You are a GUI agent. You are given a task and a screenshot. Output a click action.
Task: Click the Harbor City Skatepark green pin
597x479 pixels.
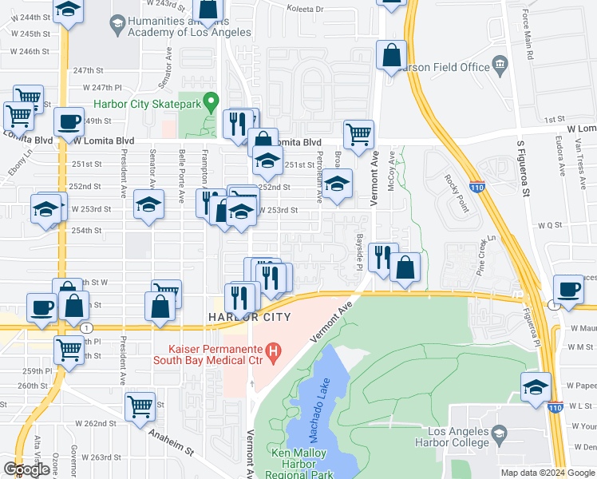click(212, 102)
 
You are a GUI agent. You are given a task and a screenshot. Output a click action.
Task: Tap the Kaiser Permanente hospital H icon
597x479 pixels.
click(274, 350)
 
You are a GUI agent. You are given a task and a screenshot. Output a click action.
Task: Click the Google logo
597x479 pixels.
click(27, 469)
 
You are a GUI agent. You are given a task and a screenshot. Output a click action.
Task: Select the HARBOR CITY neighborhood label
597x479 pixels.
click(248, 317)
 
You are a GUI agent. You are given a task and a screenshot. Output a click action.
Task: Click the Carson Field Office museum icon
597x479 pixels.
click(500, 65)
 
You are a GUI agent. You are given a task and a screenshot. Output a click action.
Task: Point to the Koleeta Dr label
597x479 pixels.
click(307, 9)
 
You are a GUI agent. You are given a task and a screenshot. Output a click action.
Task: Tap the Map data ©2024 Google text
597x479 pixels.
click(548, 473)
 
